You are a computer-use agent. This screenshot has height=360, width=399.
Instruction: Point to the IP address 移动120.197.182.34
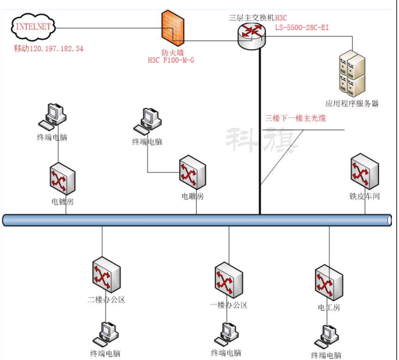click(49, 49)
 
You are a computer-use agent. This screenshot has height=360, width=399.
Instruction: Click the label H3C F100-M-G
click(171, 60)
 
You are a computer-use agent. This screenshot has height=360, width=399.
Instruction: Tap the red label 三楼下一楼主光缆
click(295, 119)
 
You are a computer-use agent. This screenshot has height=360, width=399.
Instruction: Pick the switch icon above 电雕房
click(192, 172)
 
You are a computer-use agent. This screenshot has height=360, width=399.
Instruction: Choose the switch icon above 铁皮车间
click(364, 170)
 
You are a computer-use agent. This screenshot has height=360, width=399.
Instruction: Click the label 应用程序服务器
click(352, 103)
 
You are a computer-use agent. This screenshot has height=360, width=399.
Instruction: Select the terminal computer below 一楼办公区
click(226, 332)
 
